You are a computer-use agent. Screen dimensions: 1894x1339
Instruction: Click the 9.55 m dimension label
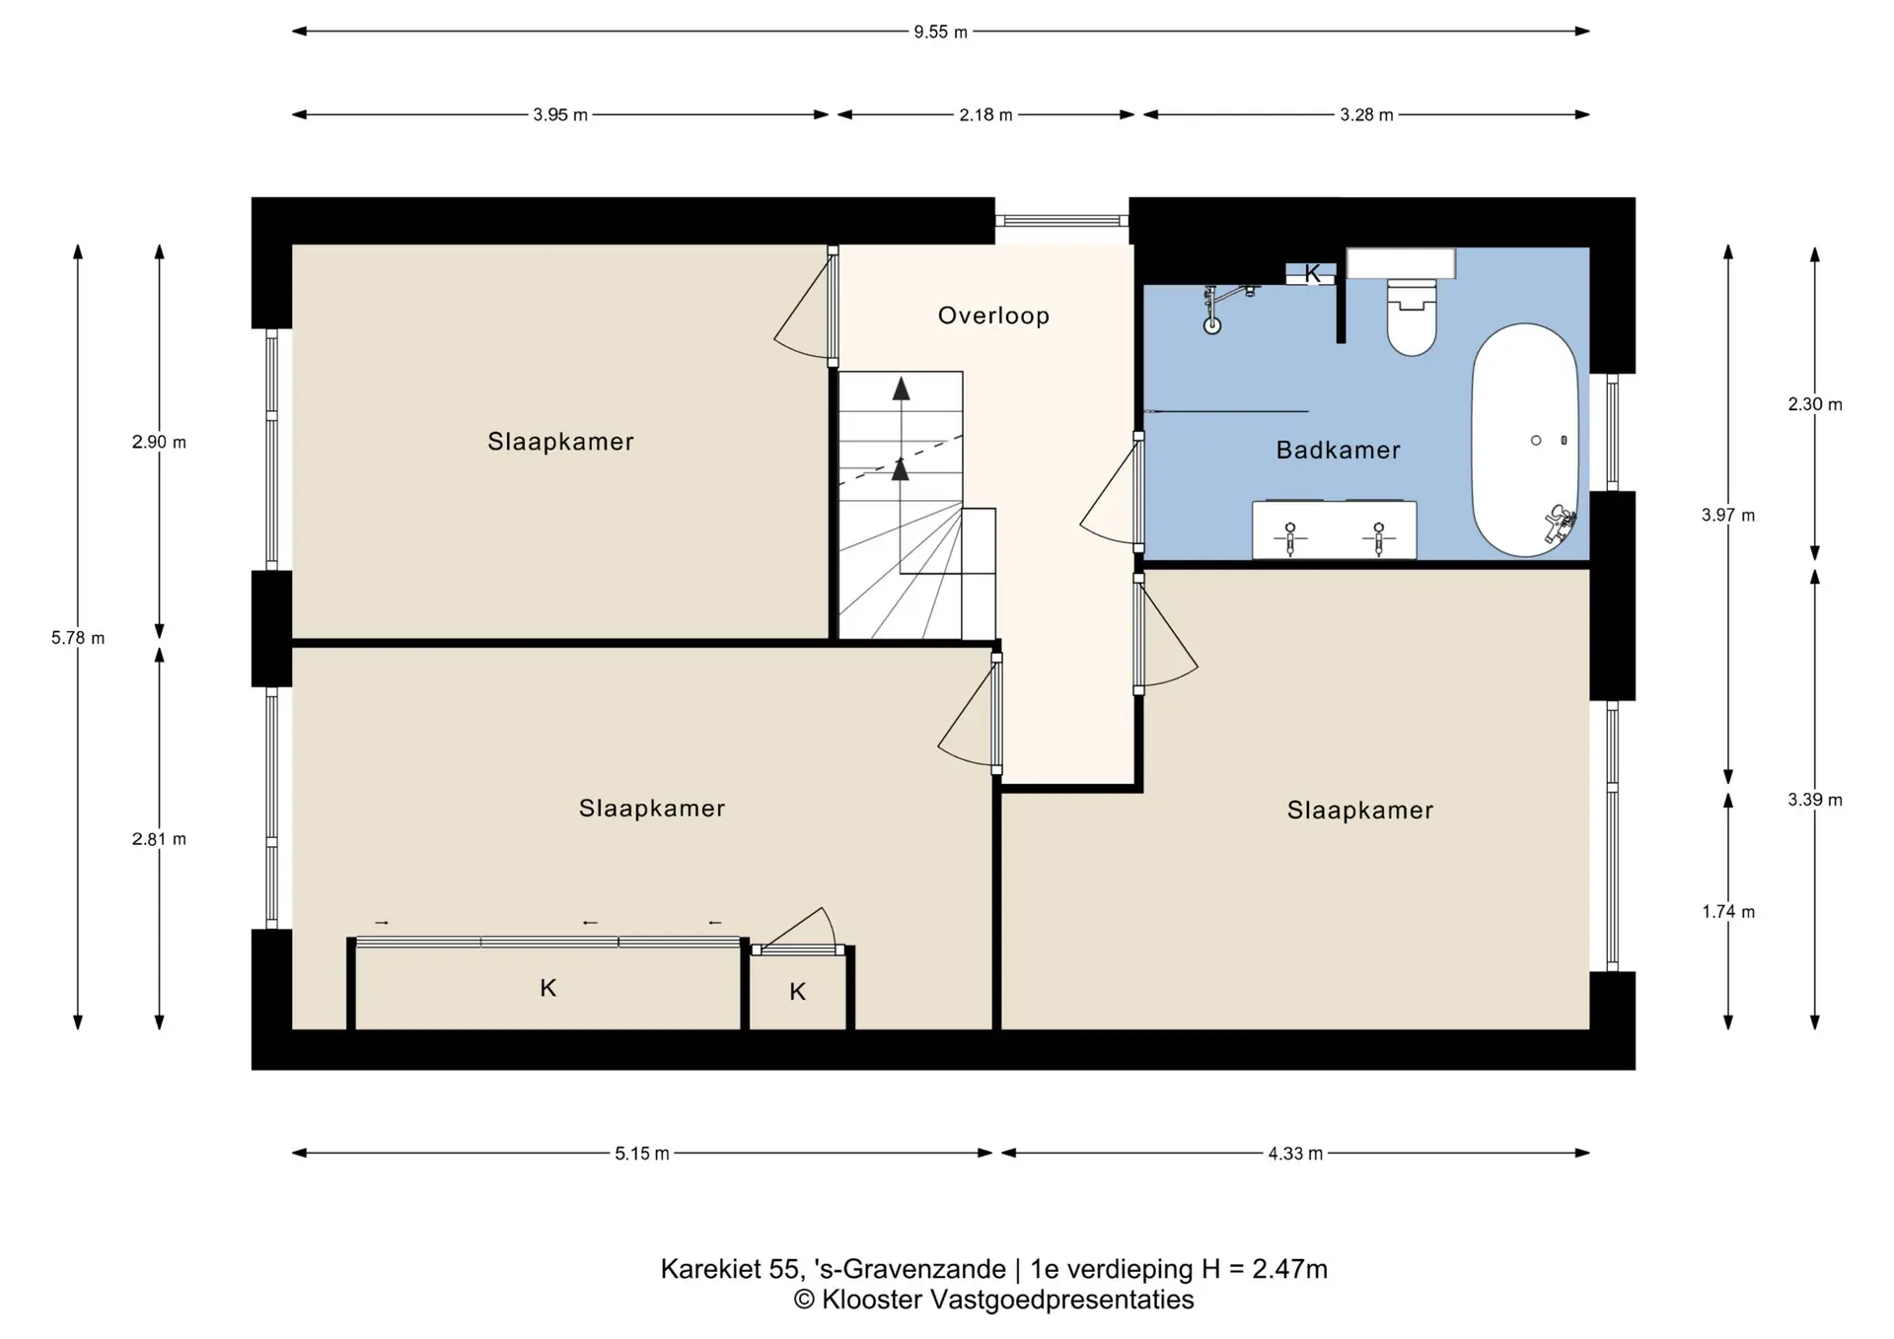940,32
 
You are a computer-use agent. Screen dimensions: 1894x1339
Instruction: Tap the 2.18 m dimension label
985,115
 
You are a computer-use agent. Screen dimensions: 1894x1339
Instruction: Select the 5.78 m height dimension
78,638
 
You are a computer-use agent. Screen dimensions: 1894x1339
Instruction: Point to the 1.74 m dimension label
1728,912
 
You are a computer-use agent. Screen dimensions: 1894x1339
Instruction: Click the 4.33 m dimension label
1295,1154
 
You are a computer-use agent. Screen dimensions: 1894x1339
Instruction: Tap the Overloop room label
993,316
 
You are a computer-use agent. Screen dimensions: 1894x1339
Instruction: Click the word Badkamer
1338,451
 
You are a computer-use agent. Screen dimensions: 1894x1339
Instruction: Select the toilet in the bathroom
1412,316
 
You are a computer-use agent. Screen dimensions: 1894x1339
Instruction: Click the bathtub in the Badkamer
1525,440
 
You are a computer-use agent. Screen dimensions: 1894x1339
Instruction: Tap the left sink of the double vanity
1290,537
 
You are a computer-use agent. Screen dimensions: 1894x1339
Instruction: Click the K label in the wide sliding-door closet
548,988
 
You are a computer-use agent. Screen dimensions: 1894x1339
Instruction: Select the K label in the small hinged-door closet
798,992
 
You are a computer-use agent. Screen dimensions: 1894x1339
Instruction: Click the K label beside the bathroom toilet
1312,274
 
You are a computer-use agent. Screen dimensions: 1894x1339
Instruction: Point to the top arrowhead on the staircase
901,388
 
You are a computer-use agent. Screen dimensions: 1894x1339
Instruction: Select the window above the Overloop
1061,221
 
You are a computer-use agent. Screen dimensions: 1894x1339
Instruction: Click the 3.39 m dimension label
1815,800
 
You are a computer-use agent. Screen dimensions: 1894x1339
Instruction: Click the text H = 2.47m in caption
1264,1269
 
